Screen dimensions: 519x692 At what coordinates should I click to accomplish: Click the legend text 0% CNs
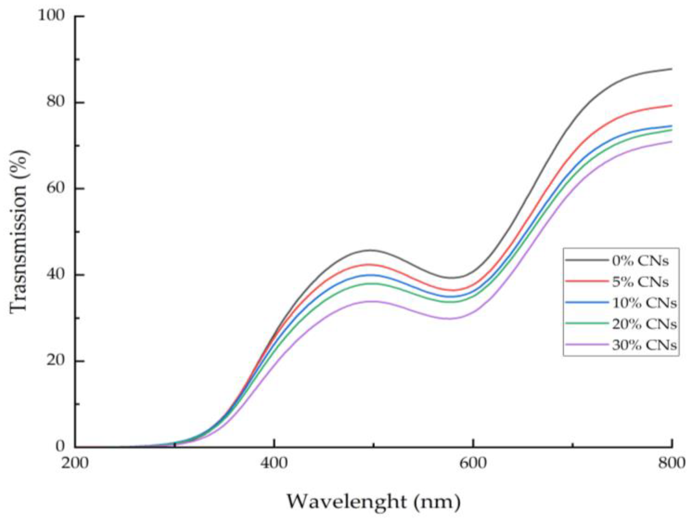640,261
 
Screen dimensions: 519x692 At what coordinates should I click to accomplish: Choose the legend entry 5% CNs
640,282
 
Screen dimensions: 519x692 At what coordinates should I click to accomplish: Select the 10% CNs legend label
644,303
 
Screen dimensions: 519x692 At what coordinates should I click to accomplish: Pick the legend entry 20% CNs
644,324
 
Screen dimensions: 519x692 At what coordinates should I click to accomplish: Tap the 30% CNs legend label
644,345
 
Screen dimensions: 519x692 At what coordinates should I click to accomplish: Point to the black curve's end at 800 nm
671,69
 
